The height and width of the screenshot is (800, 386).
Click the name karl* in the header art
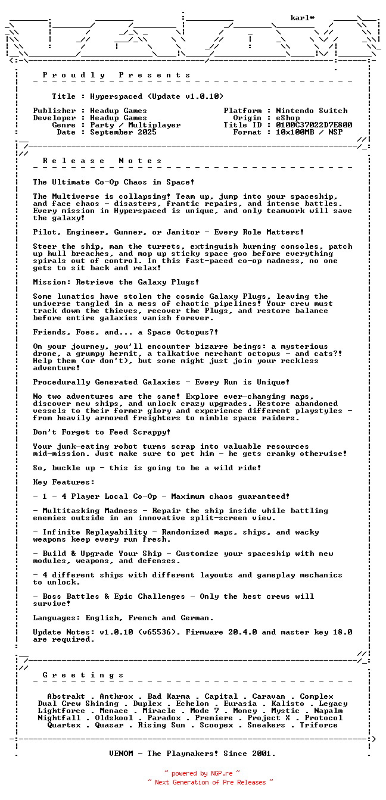pyautogui.click(x=303, y=18)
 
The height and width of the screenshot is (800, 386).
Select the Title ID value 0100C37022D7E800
pyautogui.click(x=314, y=125)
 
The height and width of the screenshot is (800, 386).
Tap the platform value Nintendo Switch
pyautogui.click(x=312, y=111)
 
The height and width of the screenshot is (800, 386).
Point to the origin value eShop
pyautogui.click(x=288, y=118)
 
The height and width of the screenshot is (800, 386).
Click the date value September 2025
pyautogui.click(x=123, y=132)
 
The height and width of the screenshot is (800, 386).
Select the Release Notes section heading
pyautogui.click(x=102, y=161)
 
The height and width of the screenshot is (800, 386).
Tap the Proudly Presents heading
pyautogui.click(x=116, y=75)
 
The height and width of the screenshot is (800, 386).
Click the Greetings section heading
pyautogui.click(x=83, y=675)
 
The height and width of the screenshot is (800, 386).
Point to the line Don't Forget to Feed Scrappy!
pyautogui.click(x=102, y=432)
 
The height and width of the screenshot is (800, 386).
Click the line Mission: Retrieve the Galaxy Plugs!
pyautogui.click(x=116, y=282)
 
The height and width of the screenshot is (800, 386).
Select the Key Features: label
pyautogui.click(x=64, y=482)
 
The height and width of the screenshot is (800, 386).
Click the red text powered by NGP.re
pyautogui.click(x=202, y=774)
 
